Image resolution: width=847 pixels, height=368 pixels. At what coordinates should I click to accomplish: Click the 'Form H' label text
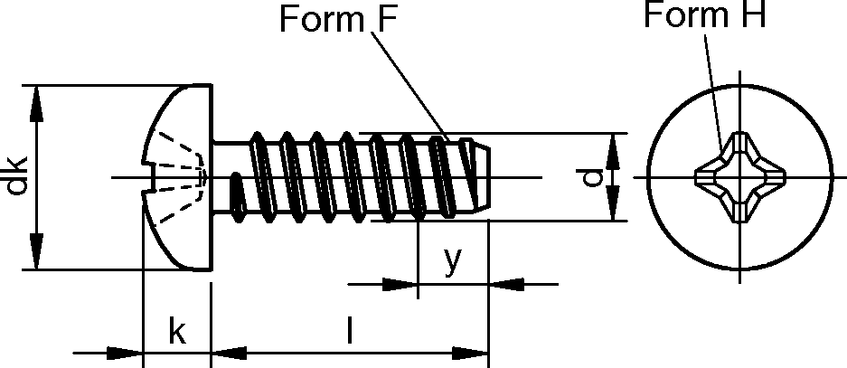point(704,16)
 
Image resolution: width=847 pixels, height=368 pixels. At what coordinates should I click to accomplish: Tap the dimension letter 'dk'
point(16,176)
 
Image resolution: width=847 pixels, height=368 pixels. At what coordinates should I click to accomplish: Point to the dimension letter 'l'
point(350,332)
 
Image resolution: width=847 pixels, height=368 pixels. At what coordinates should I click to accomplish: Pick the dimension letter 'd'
point(592,177)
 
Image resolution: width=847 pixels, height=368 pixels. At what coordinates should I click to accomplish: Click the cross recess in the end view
point(739,177)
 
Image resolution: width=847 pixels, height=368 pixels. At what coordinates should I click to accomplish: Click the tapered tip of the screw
point(482,177)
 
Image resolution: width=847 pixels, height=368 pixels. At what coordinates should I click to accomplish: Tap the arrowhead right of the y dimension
point(506,285)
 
